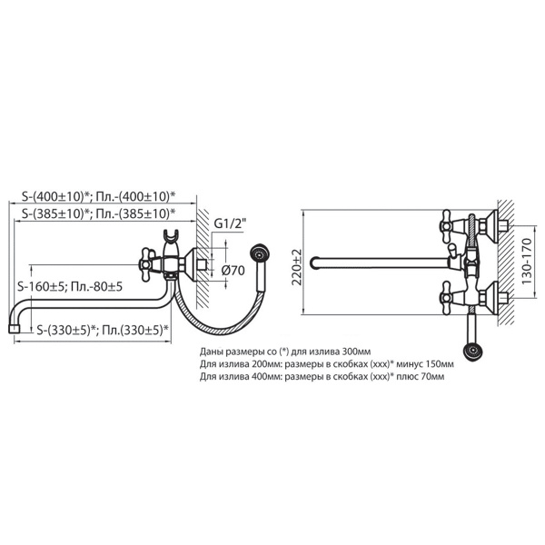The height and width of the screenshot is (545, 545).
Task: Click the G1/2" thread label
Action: pyautogui.click(x=230, y=224)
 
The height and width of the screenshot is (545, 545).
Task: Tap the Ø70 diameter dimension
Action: pyautogui.click(x=233, y=270)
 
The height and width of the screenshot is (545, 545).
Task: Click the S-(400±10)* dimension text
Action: pyautogui.click(x=55, y=197)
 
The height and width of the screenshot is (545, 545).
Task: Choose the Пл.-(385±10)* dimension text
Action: pyautogui.click(x=134, y=213)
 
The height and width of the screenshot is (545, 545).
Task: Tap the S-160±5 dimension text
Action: pyautogui.click(x=41, y=287)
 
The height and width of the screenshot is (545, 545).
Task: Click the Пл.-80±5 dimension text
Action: pyautogui.click(x=96, y=287)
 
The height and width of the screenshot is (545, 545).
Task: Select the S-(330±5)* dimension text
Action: pyautogui.click(x=66, y=330)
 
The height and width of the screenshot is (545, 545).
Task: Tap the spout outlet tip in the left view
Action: pyautogui.click(x=14, y=329)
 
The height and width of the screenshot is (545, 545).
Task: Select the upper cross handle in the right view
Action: pyautogui.click(x=448, y=226)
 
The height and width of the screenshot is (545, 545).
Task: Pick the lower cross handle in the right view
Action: pyautogui.click(x=448, y=298)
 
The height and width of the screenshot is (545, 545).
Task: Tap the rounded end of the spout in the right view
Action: pyautogui.click(x=313, y=263)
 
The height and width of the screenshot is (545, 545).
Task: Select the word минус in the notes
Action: pyautogui.click(x=410, y=364)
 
